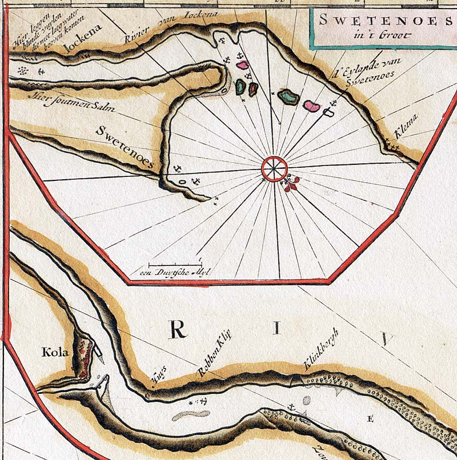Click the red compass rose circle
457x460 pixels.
click(275, 169)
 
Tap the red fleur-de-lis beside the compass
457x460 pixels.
click(292, 183)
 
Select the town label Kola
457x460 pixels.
click(55, 352)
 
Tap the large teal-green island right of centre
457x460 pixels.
click(288, 97)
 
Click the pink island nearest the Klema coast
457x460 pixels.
click(311, 106)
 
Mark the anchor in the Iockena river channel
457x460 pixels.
click(41, 71)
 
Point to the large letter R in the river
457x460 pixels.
click(179, 329)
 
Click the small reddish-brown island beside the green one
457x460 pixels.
click(253, 89)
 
